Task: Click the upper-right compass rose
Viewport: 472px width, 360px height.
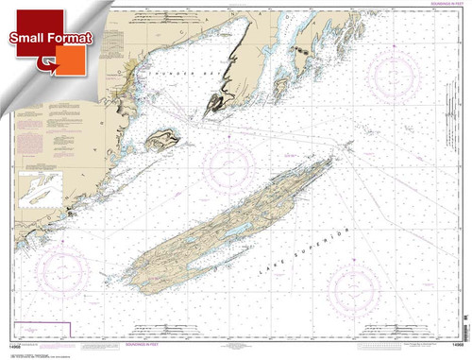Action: (402, 72)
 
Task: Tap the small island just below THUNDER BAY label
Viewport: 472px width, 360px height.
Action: (160, 142)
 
